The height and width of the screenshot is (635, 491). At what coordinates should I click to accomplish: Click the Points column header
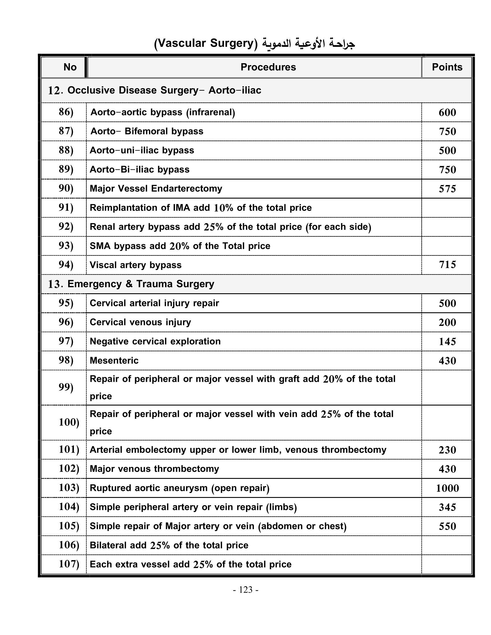pos(447,67)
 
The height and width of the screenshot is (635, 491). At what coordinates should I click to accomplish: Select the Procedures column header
pos(268,67)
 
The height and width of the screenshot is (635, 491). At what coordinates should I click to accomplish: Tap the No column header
pos(70,67)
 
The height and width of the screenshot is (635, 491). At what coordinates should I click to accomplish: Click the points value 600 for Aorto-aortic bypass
pos(447,113)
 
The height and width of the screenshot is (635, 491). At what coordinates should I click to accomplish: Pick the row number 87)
pos(66,131)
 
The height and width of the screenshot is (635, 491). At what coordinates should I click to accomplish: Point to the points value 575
pos(447,189)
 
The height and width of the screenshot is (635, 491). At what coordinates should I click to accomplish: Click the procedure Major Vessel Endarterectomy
pos(156,189)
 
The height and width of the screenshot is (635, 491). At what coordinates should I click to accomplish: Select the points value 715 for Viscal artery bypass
pos(447,265)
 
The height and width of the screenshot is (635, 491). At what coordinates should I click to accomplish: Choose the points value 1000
pos(447,488)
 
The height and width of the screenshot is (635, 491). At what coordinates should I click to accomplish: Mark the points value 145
pos(447,342)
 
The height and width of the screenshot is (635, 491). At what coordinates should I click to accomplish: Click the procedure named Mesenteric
pos(114,361)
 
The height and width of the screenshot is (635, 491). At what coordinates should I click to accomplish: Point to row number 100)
pos(69,422)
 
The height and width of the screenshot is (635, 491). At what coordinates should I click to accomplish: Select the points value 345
pos(447,507)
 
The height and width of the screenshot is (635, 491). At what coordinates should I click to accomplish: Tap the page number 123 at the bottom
pos(245,590)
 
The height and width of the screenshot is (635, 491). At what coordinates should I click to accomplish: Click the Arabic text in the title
pos(308,44)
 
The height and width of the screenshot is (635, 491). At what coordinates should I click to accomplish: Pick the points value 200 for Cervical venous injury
pos(447,322)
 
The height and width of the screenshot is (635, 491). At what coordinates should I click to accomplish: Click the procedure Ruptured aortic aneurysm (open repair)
pos(179,488)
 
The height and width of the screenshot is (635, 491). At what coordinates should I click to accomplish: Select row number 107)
pos(69,564)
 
